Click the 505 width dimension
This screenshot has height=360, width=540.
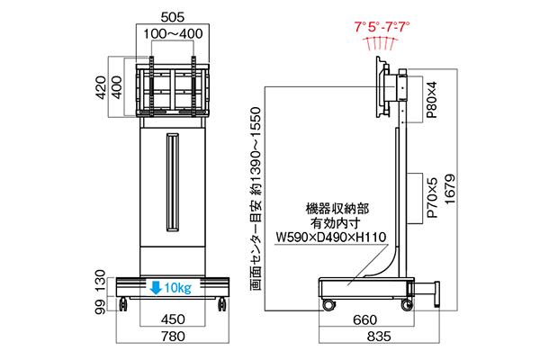(173, 17)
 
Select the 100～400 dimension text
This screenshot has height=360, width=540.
(173, 34)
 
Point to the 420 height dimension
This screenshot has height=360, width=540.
(101, 88)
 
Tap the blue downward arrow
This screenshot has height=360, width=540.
(156, 288)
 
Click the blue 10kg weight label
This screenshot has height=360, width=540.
(177, 288)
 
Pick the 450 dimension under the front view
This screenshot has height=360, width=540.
(173, 319)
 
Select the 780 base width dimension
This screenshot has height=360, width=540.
(173, 337)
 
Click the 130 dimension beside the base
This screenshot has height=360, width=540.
(100, 281)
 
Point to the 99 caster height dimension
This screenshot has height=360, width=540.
(100, 307)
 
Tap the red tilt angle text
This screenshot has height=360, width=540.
(382, 26)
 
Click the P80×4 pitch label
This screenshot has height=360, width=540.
(431, 100)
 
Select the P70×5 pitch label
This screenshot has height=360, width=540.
(432, 198)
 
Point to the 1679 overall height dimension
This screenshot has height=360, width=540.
(450, 189)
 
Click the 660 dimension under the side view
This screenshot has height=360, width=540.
(365, 320)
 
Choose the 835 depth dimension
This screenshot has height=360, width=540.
(379, 337)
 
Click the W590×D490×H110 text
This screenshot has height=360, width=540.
(331, 238)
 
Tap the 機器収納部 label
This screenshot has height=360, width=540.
(337, 209)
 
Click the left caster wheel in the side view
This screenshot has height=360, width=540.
(328, 305)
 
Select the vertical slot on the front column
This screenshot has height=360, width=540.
(173, 182)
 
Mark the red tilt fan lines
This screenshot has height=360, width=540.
(381, 44)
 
